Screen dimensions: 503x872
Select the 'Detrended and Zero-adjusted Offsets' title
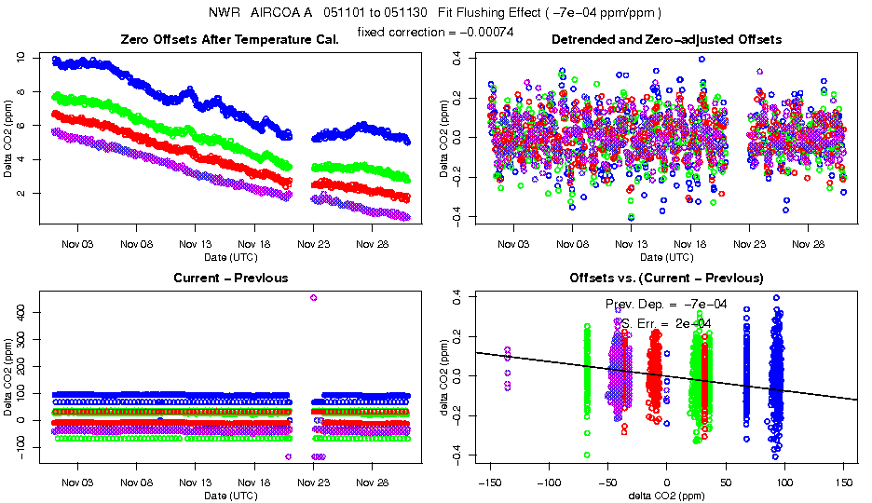click(x=666, y=39)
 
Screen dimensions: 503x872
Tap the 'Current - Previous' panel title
click(x=230, y=278)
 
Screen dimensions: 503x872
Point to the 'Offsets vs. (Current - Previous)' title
click(x=666, y=278)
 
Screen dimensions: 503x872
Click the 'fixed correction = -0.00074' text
click(x=435, y=33)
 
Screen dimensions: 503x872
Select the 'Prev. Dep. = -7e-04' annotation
click(x=666, y=305)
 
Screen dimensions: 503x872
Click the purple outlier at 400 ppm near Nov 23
click(x=313, y=298)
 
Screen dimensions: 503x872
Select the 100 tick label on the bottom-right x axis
click(x=785, y=483)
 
